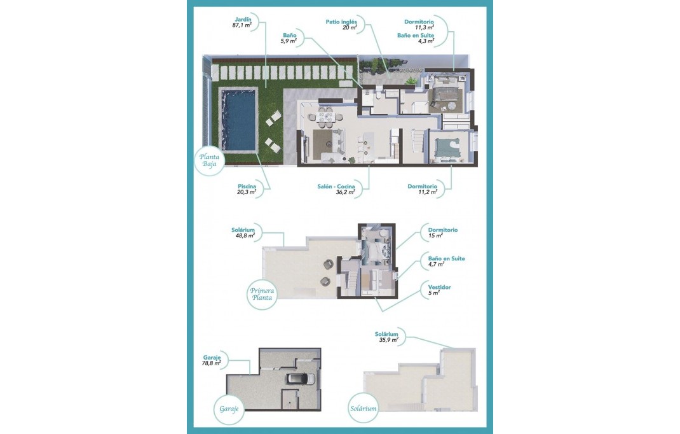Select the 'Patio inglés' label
click(x=341, y=22)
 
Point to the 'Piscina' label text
click(x=247, y=186)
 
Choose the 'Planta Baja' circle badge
click(x=210, y=160)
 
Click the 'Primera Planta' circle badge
click(x=262, y=293)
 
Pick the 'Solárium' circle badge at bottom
click(x=362, y=408)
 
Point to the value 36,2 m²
click(x=344, y=192)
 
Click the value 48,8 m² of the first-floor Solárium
click(x=245, y=235)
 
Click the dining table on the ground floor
click(x=325, y=115)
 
